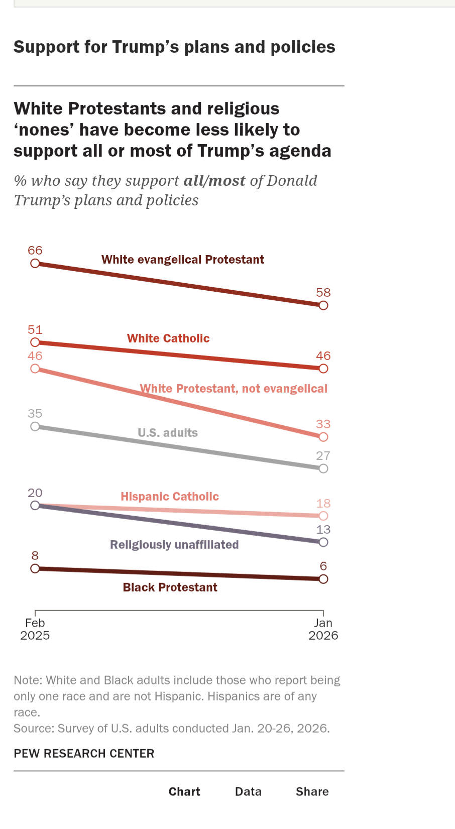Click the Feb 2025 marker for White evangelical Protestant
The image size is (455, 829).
tap(35, 264)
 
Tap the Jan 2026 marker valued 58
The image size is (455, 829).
tap(323, 305)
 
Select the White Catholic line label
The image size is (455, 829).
tap(168, 338)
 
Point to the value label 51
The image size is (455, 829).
tap(35, 330)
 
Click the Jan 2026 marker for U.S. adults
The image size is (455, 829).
tap(323, 468)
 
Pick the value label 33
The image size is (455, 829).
tap(323, 424)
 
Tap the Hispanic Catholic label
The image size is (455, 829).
tap(170, 497)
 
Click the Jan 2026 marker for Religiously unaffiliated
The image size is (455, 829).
tap(323, 542)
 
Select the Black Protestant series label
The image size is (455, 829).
tap(170, 587)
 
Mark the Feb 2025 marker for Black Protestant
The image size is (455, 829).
tap(35, 568)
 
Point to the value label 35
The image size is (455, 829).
tap(35, 414)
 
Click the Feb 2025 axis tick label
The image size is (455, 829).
tap(35, 629)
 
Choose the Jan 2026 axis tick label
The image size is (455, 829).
tap(323, 629)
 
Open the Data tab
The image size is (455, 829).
tap(248, 792)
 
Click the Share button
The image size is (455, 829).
tap(312, 792)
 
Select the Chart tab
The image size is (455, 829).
tap(184, 792)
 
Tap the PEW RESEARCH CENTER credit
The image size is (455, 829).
tap(84, 754)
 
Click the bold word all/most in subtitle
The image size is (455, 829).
tap(214, 181)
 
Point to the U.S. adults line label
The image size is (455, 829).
tap(168, 433)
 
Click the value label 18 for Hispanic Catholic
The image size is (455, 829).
tap(323, 504)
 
